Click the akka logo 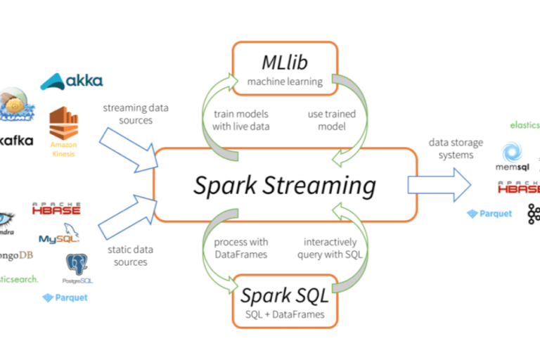coord(72,82)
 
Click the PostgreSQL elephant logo coord(77,268)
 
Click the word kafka coord(17,141)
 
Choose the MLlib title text coord(284,63)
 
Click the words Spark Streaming coord(285,185)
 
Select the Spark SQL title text coord(285,295)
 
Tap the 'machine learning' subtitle coord(284,82)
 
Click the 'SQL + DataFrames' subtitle coord(285,314)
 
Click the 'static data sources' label coord(129,255)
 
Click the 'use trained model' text coord(332,120)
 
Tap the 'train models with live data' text coord(241,120)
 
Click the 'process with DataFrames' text coord(240,248)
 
